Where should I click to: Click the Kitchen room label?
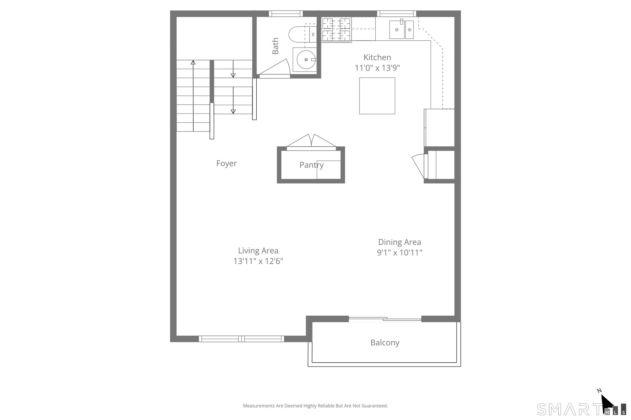(x=377, y=57)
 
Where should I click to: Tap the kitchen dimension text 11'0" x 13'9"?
(x=377, y=68)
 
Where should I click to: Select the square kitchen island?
(x=377, y=96)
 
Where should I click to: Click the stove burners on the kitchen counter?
(x=336, y=30)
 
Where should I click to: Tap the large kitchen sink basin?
(x=397, y=30)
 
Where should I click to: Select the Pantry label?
(x=312, y=165)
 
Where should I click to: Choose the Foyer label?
(x=226, y=163)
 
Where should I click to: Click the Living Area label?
(x=258, y=251)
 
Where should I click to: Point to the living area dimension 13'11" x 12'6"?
(x=258, y=261)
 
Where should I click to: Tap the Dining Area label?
(x=399, y=242)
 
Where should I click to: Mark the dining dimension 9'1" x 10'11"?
(x=399, y=253)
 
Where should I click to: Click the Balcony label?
(x=385, y=343)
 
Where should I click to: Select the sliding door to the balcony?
(x=385, y=319)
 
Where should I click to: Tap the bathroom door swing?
(x=274, y=68)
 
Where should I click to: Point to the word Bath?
(x=275, y=46)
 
